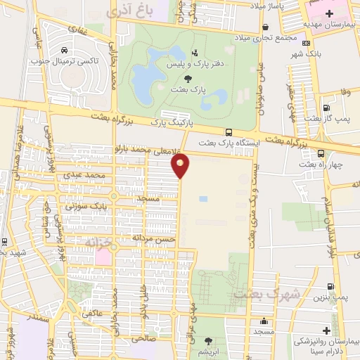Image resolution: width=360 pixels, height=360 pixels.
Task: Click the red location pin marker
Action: tap(181, 165)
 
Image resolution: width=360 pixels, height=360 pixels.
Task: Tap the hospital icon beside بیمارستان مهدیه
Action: tap(329, 14)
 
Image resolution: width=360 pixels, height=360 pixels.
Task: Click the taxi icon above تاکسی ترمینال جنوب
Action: tap(64, 50)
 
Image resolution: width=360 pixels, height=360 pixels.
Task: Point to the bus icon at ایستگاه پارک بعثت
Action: tap(229, 132)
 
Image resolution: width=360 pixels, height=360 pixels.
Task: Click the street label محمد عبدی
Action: tap(84, 174)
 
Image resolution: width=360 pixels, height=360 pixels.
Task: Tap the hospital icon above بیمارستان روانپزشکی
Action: tap(329, 330)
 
